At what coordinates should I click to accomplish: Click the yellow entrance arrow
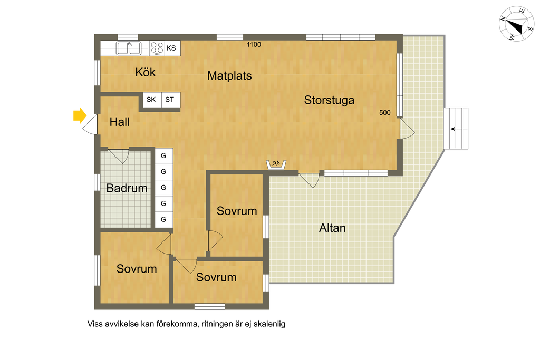point(80,115)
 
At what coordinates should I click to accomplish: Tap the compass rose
point(516,24)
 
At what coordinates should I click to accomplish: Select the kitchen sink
point(129,48)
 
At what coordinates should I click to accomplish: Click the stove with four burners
point(157,48)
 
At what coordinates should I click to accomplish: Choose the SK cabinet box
point(152,100)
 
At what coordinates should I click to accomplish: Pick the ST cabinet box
point(170,100)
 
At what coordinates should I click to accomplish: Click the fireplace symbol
point(276,164)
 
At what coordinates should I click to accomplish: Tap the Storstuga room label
point(329,100)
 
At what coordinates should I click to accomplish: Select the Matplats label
point(229,76)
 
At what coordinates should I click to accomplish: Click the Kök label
point(145,72)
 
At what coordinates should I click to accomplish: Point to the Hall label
point(120,122)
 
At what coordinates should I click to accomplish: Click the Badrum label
point(127,188)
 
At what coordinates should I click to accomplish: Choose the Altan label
point(332,228)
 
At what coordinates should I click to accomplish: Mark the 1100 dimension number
point(254,44)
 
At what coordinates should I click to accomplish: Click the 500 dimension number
point(384,113)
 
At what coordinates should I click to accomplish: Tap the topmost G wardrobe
point(163,156)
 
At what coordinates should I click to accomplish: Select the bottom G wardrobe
point(163,219)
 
